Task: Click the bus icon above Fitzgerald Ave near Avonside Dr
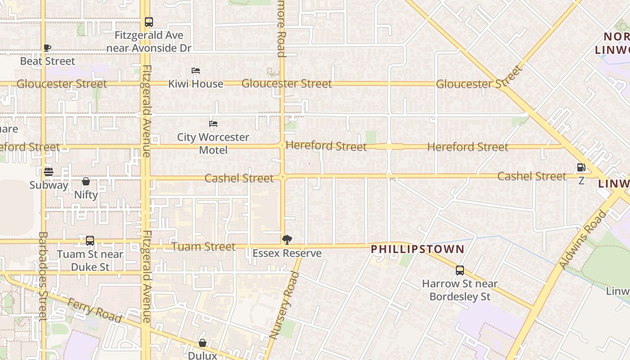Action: tap(148, 22)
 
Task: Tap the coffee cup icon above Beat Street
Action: tap(47, 48)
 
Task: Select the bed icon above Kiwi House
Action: tap(196, 71)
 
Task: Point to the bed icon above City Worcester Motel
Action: tap(213, 123)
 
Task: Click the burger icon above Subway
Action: tap(49, 171)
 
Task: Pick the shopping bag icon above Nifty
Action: tap(86, 181)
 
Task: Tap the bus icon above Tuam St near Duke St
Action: tap(90, 241)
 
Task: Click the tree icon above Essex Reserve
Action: tap(287, 239)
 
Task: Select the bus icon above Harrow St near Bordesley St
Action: tap(460, 270)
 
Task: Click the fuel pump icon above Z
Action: tap(581, 167)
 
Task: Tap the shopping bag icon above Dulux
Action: tap(202, 343)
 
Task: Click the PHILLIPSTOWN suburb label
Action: tap(417, 249)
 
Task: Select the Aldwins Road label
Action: tap(583, 239)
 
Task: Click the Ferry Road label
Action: tap(94, 310)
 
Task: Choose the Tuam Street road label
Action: tap(203, 247)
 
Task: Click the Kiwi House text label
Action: tap(196, 84)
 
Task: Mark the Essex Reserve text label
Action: tap(287, 253)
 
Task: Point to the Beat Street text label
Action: tap(48, 61)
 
